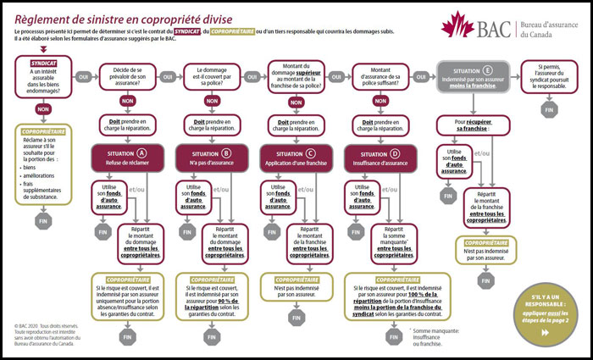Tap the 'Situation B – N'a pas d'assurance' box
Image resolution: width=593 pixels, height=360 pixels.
(x=208, y=158)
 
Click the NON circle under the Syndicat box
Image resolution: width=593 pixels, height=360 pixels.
(x=43, y=109)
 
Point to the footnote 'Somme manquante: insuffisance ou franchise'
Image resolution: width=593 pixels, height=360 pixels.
(x=388, y=336)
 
